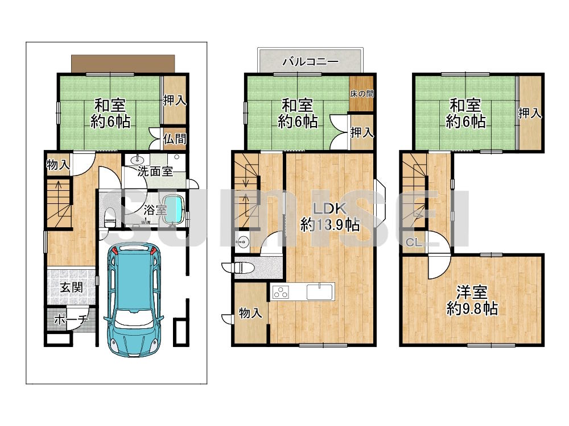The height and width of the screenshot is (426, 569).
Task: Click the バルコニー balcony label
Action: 310,61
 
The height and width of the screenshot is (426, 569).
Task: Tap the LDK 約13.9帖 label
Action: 330,217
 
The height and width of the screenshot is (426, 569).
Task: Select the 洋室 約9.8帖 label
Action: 472,300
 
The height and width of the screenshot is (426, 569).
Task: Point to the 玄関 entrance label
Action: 72,287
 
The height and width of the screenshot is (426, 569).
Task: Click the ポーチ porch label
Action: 71,319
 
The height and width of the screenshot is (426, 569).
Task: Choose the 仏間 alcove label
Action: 175,139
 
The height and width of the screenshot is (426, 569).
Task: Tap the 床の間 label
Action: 361,94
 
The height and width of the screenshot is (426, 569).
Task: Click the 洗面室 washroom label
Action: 155,171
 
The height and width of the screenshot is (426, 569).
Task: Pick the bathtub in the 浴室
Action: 174,211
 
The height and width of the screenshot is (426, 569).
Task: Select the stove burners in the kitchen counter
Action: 280,292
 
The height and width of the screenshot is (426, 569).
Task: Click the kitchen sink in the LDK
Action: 320,292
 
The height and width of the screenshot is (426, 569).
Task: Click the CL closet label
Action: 414,243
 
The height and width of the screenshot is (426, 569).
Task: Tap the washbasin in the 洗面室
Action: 138,160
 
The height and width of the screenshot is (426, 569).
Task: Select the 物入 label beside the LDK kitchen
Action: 250,313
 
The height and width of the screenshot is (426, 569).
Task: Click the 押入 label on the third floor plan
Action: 530,113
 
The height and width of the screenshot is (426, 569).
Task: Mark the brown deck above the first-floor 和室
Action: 123,64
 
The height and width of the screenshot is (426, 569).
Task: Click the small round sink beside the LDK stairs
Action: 242,240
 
